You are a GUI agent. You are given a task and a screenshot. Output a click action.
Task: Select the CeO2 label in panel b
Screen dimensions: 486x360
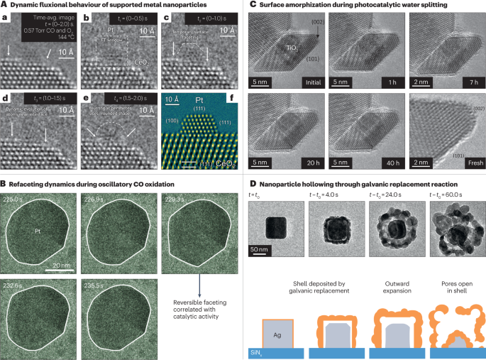click(x=140, y=62)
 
